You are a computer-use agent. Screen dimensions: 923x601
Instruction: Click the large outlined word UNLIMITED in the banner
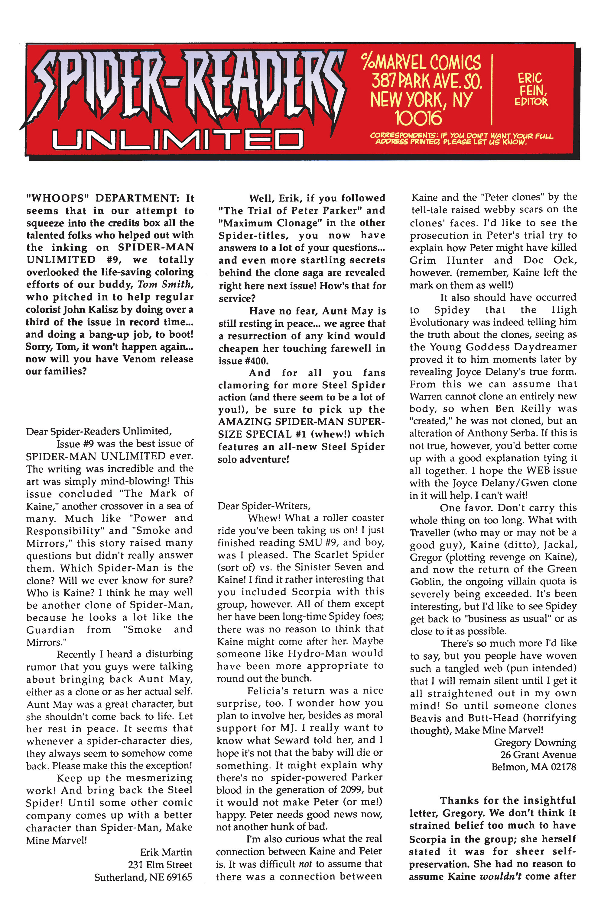[x=177, y=139]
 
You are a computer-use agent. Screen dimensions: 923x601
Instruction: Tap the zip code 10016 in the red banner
[x=418, y=117]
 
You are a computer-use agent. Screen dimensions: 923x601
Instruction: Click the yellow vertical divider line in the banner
[x=492, y=89]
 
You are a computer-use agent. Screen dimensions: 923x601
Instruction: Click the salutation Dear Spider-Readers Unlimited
[x=99, y=431]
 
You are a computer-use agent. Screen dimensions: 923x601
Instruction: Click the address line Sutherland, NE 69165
[x=143, y=877]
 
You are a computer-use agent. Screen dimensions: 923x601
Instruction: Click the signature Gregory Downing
[x=534, y=743]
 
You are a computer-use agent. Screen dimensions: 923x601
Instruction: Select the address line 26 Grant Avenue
[x=538, y=755]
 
